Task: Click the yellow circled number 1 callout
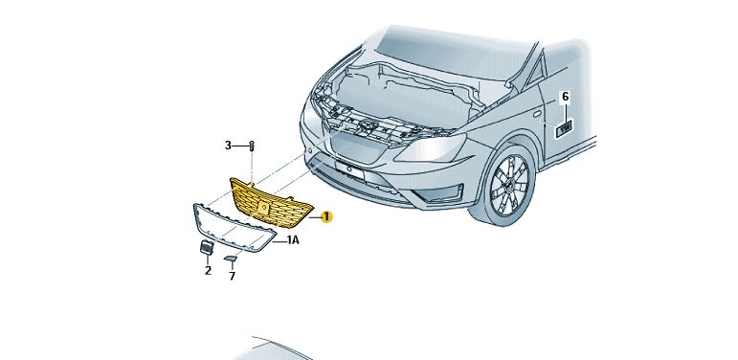point(325,217)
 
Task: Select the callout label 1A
point(293,240)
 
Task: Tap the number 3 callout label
point(228,146)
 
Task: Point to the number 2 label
point(208,271)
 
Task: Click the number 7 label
point(232,277)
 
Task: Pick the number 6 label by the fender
point(566,97)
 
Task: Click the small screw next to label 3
point(252,146)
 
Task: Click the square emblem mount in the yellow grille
point(262,207)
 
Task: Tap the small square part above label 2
point(206,248)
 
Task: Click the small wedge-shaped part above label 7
point(230,258)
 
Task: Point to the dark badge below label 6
point(564,128)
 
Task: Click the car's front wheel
point(506,186)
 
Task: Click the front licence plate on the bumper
point(350,169)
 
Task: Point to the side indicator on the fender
point(537,114)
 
